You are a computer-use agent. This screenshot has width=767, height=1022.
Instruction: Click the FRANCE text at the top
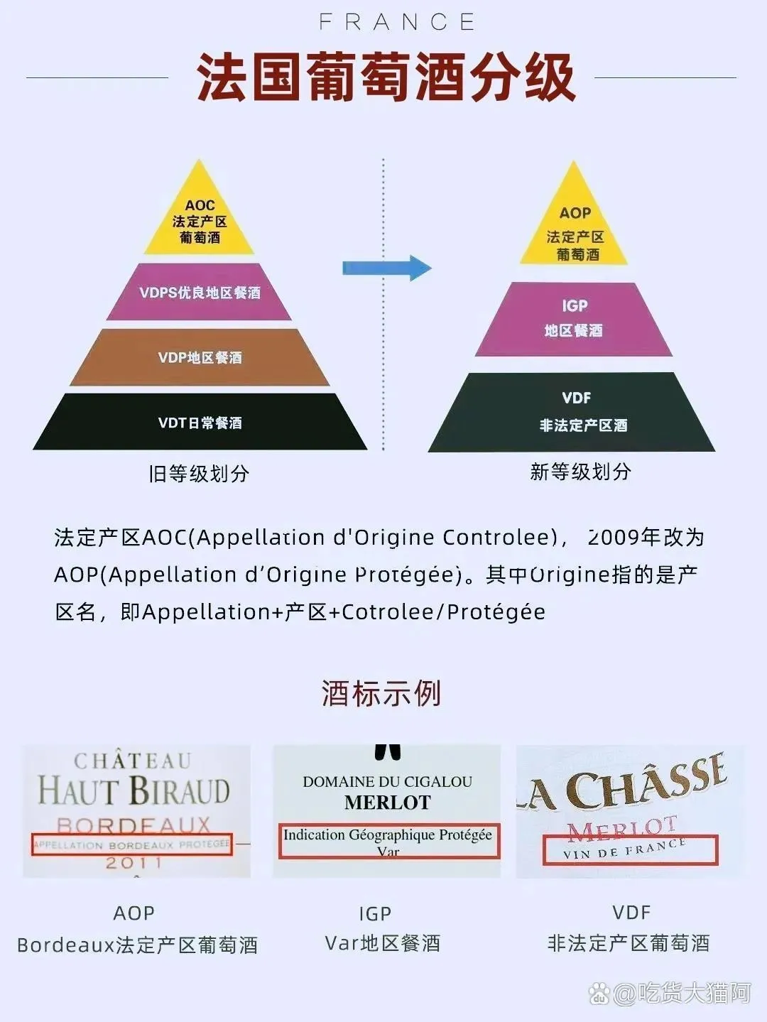point(397,22)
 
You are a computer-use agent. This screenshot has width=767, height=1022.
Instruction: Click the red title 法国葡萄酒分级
point(386,77)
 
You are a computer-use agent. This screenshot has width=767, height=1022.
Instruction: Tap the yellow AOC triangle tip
point(199,161)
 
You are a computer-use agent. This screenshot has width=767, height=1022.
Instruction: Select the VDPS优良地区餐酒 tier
point(199,292)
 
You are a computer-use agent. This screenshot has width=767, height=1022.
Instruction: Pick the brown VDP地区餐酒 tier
point(200,357)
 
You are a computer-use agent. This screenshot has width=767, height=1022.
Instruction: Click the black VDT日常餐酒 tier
point(200,422)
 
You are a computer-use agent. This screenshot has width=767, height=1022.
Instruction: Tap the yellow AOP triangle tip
point(573,162)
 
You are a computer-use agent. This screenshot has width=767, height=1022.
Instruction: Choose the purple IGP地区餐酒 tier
point(573,319)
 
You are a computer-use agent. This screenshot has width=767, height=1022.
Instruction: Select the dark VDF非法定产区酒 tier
point(572,412)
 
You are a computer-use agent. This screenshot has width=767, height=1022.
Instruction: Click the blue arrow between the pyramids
point(387,268)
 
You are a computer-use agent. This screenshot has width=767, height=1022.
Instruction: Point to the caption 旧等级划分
point(199,474)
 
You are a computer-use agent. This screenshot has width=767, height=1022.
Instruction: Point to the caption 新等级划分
point(580,471)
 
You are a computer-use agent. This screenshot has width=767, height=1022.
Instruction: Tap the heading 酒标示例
point(381,693)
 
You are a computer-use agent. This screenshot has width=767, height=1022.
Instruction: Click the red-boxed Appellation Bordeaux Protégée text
point(131,844)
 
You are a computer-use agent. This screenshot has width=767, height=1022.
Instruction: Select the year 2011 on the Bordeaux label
point(134,863)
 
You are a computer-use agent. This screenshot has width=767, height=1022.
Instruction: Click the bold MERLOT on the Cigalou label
point(388,803)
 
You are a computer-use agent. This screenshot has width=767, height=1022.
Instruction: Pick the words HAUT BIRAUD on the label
point(134,790)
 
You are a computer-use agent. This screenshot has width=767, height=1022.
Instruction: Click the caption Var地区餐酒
point(383,942)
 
